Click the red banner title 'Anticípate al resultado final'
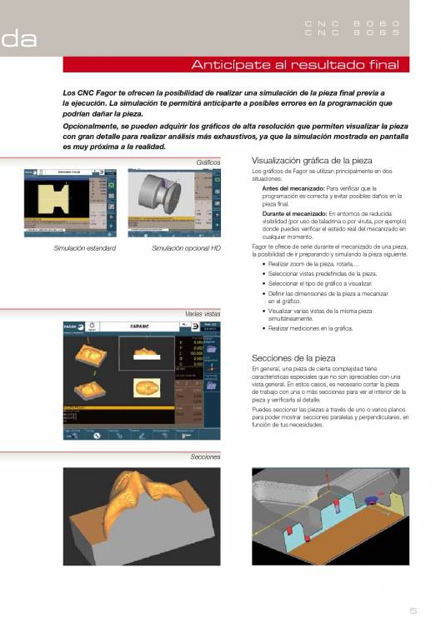296,65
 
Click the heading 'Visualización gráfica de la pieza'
312,160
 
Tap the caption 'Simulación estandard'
84,248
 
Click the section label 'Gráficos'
208,162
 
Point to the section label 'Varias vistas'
203,314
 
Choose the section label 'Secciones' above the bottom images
205,457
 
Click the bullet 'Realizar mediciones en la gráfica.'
310,328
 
